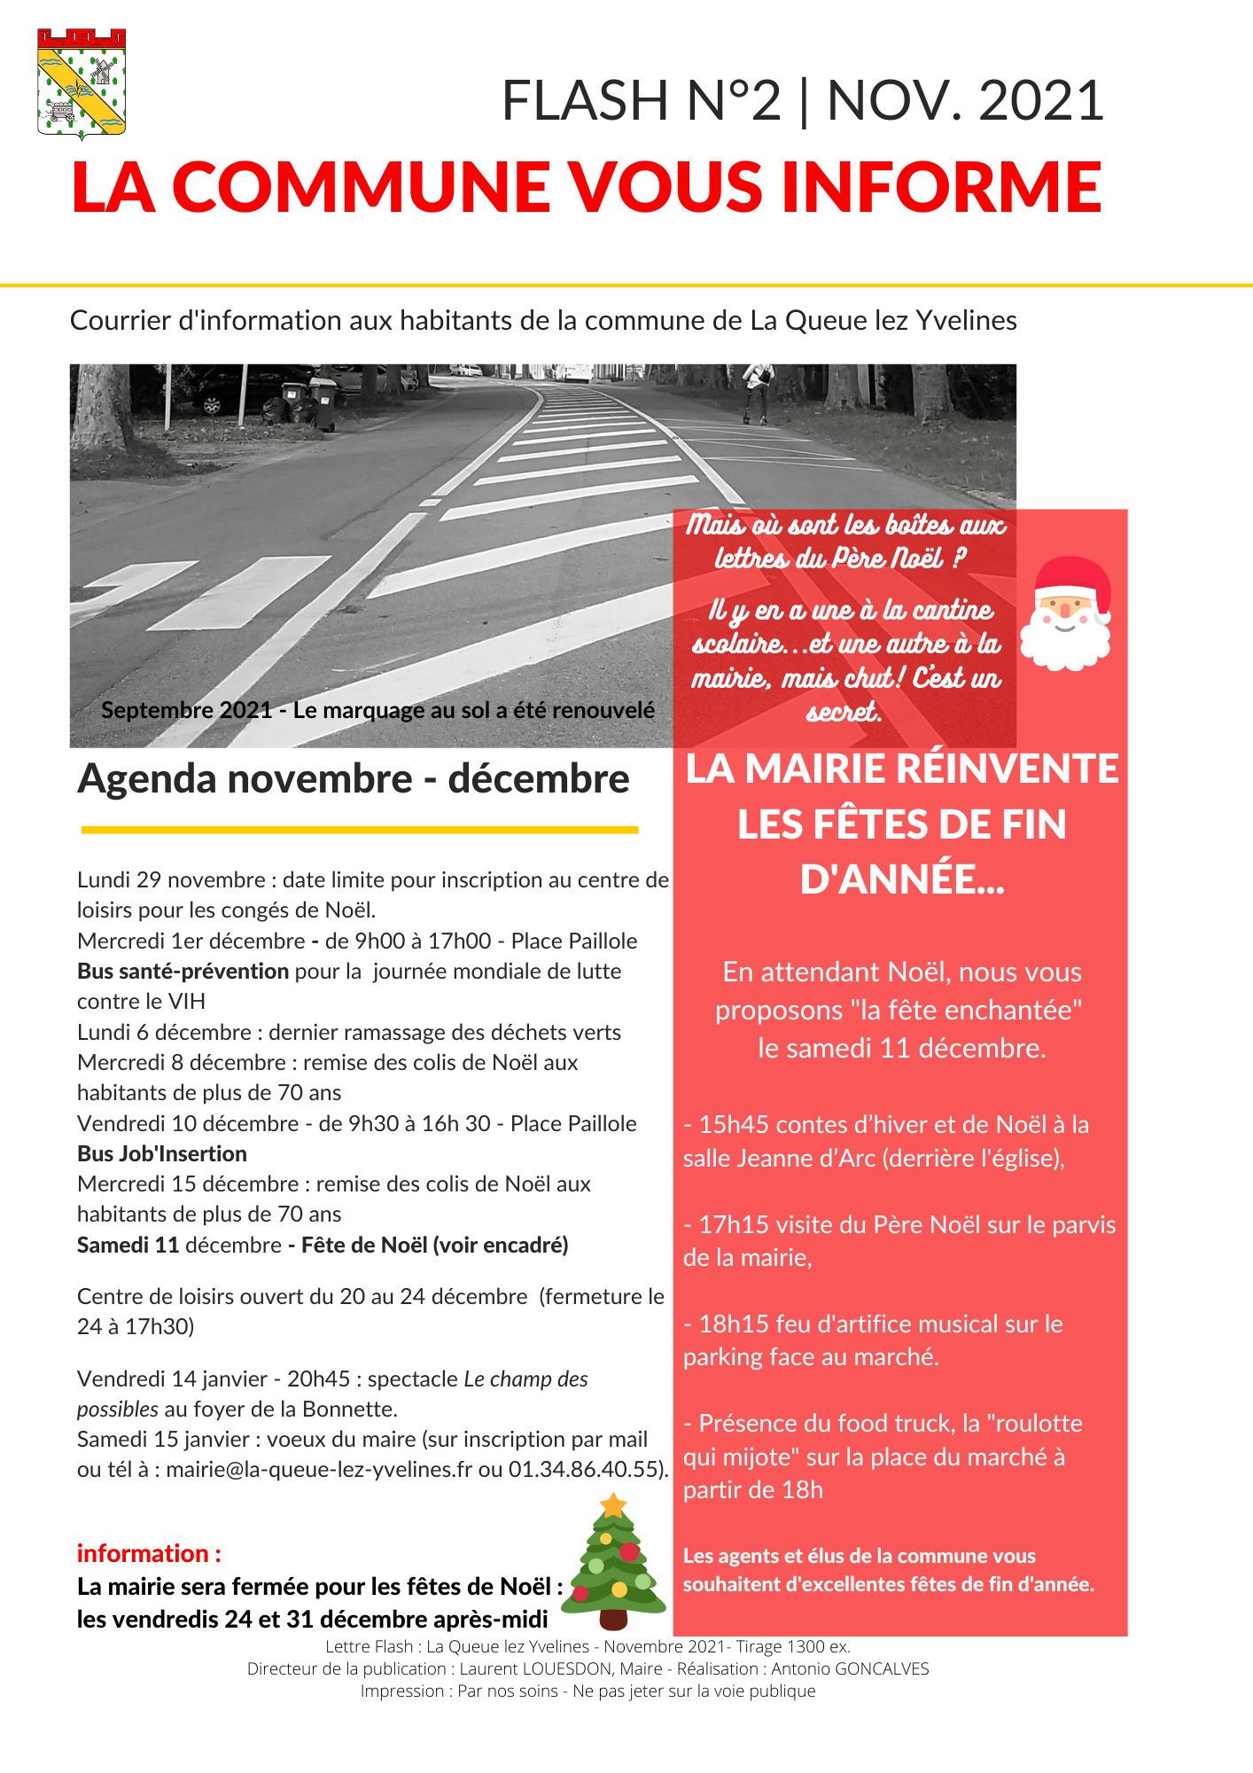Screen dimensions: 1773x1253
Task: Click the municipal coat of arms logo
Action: (x=82, y=83)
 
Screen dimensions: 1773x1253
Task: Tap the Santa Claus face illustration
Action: (x=1065, y=613)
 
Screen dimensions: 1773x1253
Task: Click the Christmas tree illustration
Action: (x=613, y=1564)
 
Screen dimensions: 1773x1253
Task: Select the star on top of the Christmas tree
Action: (x=613, y=1505)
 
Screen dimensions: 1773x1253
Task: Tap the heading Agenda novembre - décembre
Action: (x=353, y=779)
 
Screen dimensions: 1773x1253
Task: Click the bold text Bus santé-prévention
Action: (x=183, y=971)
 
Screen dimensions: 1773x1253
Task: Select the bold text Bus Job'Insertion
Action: (x=162, y=1153)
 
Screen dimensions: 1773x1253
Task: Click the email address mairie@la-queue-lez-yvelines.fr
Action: (x=319, y=1469)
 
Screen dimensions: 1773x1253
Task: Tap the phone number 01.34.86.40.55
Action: (x=586, y=1469)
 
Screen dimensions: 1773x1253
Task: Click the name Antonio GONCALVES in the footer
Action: (x=850, y=1668)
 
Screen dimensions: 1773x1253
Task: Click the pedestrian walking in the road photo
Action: (x=758, y=390)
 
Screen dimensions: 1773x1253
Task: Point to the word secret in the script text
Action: (x=844, y=712)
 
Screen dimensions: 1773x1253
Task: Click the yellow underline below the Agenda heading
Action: (x=360, y=830)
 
